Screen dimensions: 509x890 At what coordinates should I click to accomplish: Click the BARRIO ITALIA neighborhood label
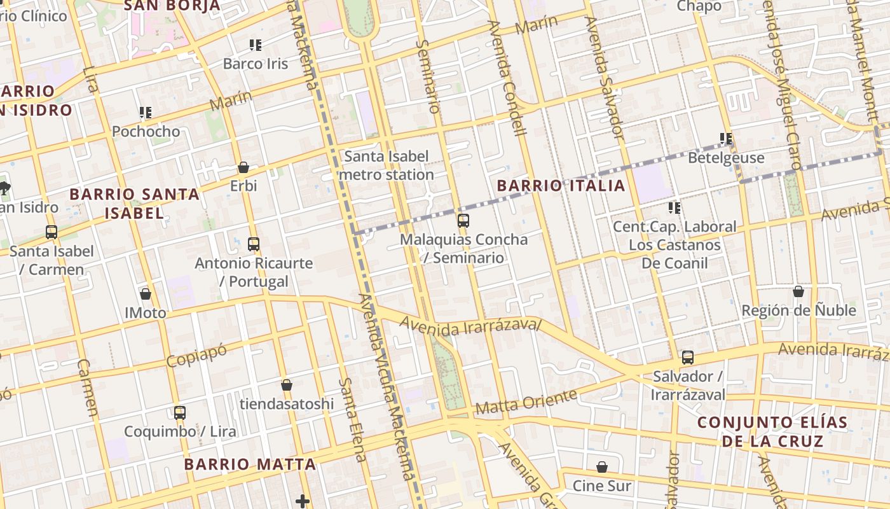561,186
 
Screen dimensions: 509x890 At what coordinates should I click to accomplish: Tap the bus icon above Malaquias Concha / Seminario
463,221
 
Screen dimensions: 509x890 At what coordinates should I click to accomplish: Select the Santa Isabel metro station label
387,165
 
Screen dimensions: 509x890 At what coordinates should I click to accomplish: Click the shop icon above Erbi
243,167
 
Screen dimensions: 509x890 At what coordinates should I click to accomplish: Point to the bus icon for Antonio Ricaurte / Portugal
254,244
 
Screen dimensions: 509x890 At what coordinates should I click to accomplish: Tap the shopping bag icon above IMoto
146,294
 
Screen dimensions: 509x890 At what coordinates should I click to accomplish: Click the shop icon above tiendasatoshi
287,385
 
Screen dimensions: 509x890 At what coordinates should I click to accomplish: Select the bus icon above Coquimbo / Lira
180,412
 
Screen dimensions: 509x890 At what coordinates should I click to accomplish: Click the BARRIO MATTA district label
250,464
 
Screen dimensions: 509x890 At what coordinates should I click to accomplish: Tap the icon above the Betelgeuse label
726,138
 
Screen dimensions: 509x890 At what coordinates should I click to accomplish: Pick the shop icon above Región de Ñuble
798,291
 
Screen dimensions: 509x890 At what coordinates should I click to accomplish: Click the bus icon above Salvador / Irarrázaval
688,358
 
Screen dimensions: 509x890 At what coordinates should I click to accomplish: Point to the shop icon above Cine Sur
602,467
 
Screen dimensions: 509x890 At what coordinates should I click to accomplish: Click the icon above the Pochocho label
146,113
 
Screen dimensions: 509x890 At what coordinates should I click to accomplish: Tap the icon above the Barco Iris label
256,45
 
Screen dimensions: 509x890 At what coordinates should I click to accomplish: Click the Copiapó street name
196,354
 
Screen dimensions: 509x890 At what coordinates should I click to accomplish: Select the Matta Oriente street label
526,402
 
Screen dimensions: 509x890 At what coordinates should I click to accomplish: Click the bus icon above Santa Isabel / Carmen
51,232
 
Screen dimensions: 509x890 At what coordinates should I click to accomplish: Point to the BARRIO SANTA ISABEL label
134,203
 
